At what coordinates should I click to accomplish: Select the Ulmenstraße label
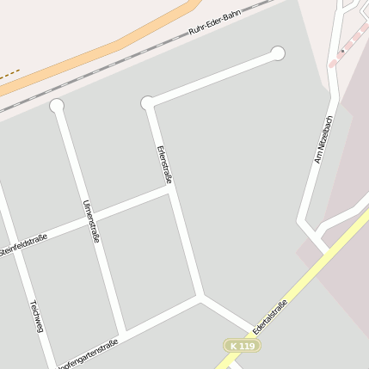[x=90, y=220]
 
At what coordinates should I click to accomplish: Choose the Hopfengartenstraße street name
[x=87, y=354]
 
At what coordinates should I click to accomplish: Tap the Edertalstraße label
[x=270, y=317]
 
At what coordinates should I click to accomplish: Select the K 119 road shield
[x=242, y=346]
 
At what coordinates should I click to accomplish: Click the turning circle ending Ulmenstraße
[x=57, y=106]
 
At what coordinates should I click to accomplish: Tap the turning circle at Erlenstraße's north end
[x=148, y=103]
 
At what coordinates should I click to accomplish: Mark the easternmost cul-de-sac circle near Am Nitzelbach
[x=277, y=53]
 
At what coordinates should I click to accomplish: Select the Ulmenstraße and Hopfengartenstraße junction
[x=125, y=331]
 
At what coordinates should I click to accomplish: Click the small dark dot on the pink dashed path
[x=342, y=51]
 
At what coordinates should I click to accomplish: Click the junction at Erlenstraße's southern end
[x=201, y=298]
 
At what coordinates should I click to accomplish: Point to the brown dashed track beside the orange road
[x=9, y=76]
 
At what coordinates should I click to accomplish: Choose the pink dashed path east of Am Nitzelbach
[x=353, y=43]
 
